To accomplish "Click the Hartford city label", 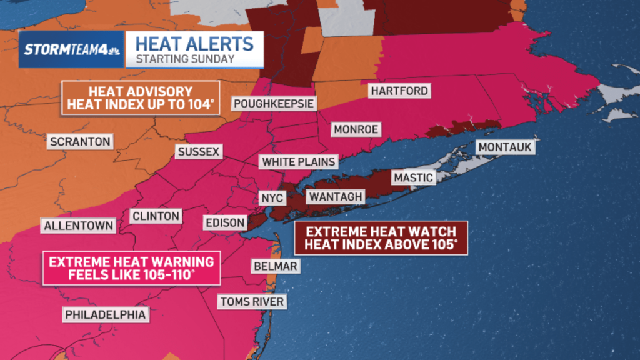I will point(399,91).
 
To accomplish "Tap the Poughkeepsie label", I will point(274,103).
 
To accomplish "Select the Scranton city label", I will point(80,141).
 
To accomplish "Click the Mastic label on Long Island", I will point(413,177).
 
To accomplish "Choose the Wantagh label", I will point(335,197).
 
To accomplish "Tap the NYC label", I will point(272,198).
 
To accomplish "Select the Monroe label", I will point(356,129).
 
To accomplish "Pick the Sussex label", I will point(198,152).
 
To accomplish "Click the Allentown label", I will point(79,226).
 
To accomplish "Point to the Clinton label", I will point(156,216).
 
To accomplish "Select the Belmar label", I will point(274,267).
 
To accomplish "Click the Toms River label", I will point(252,302).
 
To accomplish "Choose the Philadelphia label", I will point(106,314).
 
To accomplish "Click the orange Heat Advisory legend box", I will point(141,98).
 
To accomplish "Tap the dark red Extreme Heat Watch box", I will point(381,237).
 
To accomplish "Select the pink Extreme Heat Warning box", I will point(132,268).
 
